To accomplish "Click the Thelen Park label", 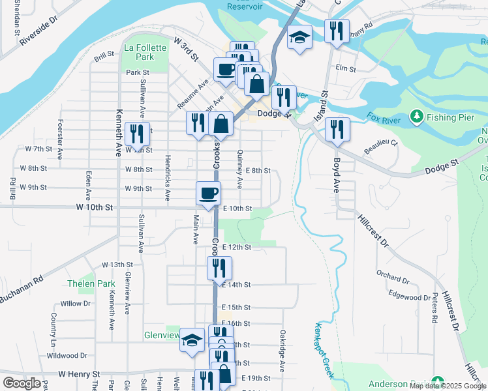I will (91, 283).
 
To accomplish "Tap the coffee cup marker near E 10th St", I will (209, 194).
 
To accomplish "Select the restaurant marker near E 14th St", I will (219, 267).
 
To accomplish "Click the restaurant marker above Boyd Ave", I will (337, 129).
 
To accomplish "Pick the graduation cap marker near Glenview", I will (192, 340).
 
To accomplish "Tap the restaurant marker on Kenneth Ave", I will (137, 134).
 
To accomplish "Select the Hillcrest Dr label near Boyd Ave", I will (373, 231).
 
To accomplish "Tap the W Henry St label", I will (78, 374).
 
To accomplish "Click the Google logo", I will (22, 383).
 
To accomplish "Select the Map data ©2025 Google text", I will (448, 386).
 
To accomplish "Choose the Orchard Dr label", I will (393, 281).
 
